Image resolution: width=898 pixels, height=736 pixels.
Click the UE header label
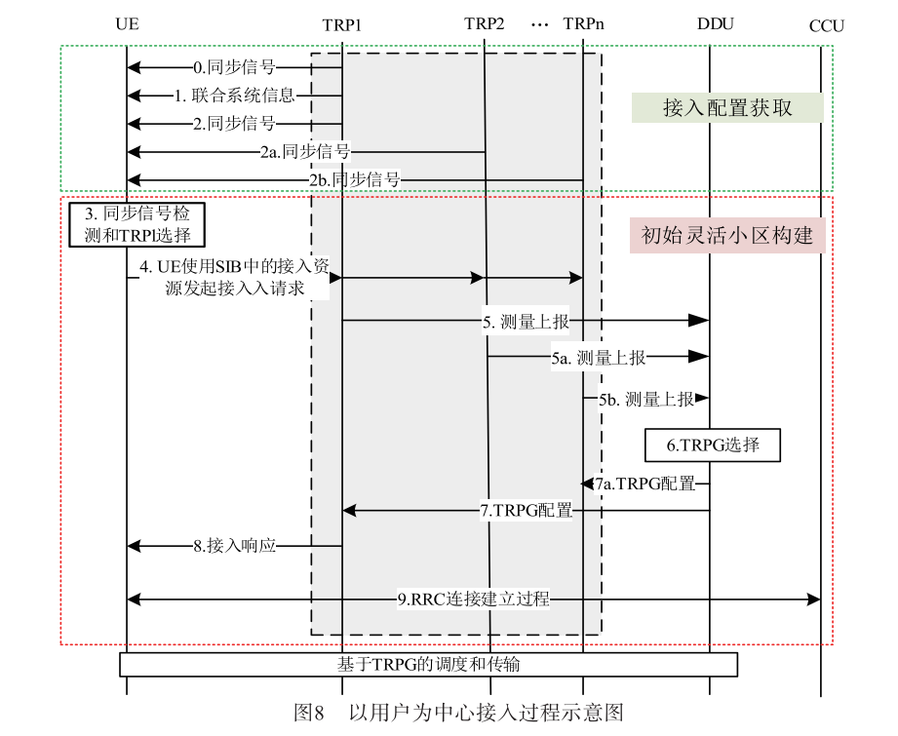pyautogui.click(x=126, y=24)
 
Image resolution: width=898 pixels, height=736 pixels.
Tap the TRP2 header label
pyautogui.click(x=485, y=23)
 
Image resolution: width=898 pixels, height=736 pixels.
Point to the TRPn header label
pyautogui.click(x=583, y=23)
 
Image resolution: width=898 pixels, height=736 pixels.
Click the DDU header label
pyautogui.click(x=716, y=23)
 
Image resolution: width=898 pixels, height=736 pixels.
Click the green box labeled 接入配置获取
pyautogui.click(x=727, y=107)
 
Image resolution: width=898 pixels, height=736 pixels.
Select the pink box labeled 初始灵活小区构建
pyautogui.click(x=726, y=236)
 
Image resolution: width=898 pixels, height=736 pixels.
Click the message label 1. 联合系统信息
pyautogui.click(x=234, y=96)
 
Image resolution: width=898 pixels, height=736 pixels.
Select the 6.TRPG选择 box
pyautogui.click(x=712, y=445)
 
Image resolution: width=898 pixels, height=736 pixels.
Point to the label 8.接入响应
pyautogui.click(x=234, y=546)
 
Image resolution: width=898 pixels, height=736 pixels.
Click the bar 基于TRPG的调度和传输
pyautogui.click(x=428, y=665)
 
